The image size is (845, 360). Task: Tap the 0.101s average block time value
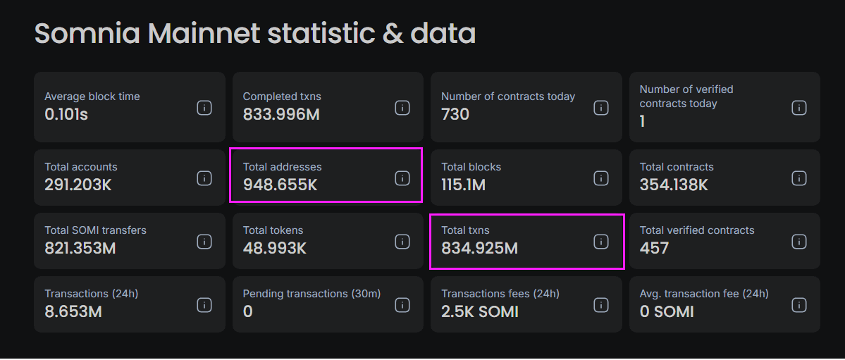(x=66, y=114)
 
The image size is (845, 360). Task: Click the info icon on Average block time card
(x=204, y=108)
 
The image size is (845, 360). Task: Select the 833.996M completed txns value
(x=281, y=114)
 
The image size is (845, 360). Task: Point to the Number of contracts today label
(x=508, y=97)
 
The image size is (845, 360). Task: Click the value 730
(x=455, y=114)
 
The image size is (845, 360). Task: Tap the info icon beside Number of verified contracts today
(x=798, y=108)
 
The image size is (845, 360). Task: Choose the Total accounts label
(x=81, y=167)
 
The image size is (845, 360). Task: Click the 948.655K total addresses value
(x=280, y=185)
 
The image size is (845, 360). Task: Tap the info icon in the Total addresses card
(x=402, y=178)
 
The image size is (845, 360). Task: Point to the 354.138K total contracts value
(x=674, y=185)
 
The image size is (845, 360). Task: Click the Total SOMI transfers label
(x=95, y=230)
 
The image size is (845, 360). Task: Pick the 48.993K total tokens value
(x=275, y=249)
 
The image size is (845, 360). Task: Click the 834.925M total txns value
(x=479, y=249)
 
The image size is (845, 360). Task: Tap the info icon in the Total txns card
(x=600, y=242)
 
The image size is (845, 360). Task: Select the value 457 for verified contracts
(x=654, y=249)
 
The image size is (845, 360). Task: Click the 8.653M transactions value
(x=73, y=311)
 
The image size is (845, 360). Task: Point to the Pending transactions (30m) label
(x=312, y=294)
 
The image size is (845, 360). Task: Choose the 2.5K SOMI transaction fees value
(x=480, y=311)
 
